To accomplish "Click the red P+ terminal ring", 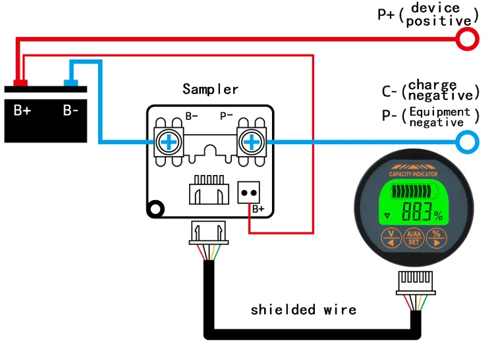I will click(467, 39).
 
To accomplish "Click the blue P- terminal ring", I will click(467, 141).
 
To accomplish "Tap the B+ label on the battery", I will click(22, 110).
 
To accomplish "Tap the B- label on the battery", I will click(71, 110).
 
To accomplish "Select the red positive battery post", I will click(20, 84).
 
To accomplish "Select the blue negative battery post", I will click(70, 84).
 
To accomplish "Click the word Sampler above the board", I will click(210, 89).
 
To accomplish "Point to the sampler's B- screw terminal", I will click(169, 141).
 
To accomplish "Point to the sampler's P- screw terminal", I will click(251, 141).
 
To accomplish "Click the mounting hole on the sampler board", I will click(155, 209).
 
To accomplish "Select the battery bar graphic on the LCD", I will click(416, 193).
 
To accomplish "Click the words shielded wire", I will click(303, 309).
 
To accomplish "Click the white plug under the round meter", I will click(414, 283).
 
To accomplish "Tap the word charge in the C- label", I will click(432, 85).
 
